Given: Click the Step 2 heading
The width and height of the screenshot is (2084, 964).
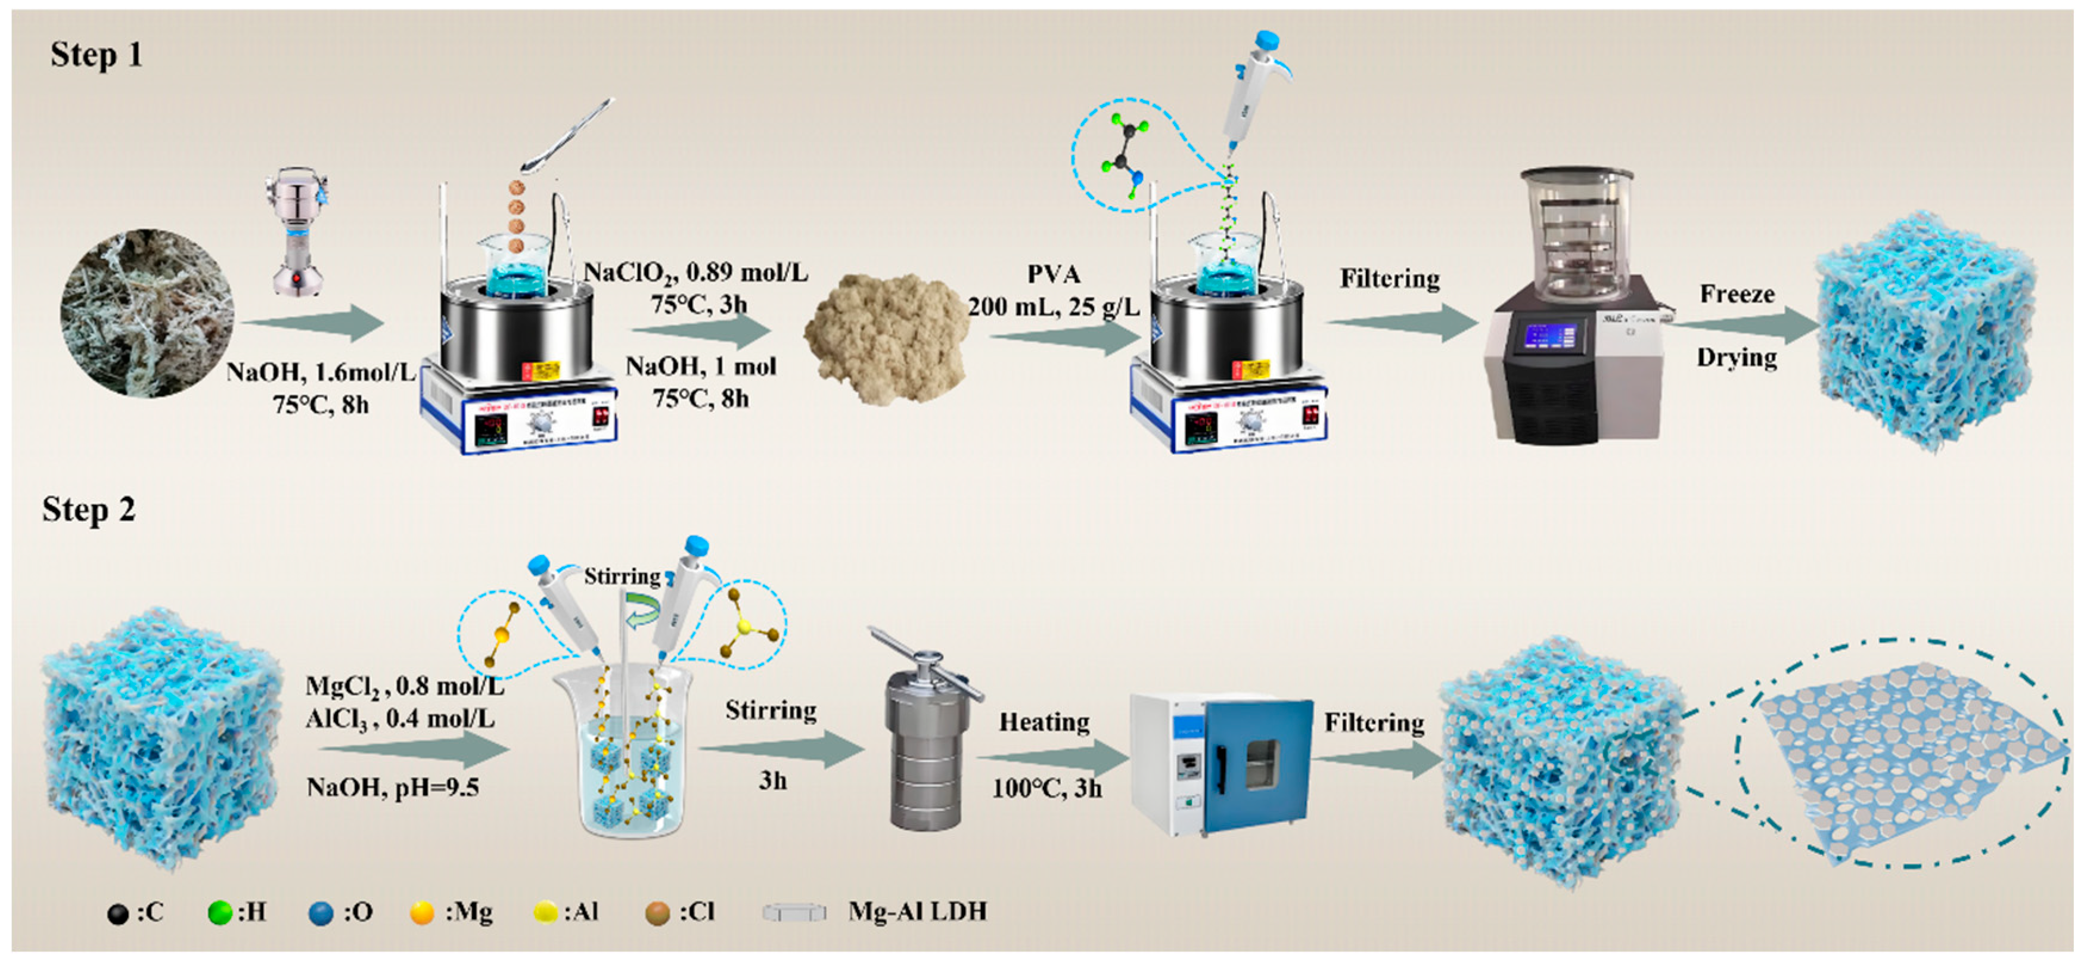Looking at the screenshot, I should [88, 510].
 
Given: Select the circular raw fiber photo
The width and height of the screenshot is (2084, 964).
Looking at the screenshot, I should [147, 312].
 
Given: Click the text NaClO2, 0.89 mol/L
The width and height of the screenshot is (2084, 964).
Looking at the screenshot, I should [695, 273].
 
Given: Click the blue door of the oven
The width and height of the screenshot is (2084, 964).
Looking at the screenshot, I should [1258, 765].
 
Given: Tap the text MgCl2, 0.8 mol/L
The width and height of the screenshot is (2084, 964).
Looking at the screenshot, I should [405, 686].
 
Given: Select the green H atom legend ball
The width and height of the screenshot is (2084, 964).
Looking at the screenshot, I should [219, 913].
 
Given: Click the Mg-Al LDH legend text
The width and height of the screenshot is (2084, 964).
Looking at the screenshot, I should [917, 912].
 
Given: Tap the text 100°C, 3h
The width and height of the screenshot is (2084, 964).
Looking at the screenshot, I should [1047, 788].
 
